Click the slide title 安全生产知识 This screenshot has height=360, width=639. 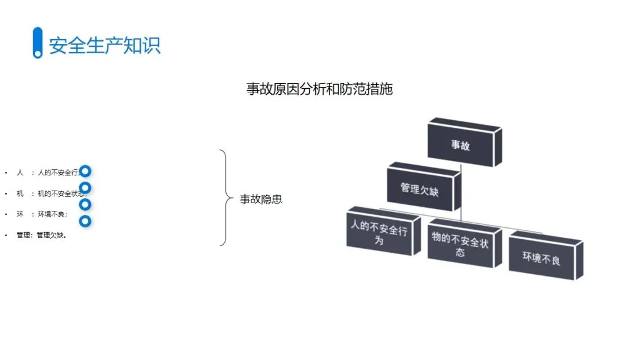(105, 45)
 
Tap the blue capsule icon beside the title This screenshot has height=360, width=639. (38, 43)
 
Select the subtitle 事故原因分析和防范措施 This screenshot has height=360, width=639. (319, 89)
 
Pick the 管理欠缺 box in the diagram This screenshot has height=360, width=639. (419, 189)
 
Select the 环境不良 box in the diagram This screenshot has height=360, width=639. (541, 258)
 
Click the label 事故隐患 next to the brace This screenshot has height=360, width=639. (261, 199)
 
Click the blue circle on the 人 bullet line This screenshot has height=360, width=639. (85, 171)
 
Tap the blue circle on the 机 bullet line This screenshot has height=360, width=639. (85, 188)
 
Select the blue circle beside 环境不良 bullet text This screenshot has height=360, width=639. (85, 205)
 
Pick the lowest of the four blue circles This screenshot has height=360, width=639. (85, 221)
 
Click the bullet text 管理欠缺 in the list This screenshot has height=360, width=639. (51, 235)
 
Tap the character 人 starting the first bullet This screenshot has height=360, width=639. (20, 173)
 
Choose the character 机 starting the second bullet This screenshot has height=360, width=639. (20, 194)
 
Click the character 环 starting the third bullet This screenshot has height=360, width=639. (20, 214)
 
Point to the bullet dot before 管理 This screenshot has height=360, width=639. (6, 235)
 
